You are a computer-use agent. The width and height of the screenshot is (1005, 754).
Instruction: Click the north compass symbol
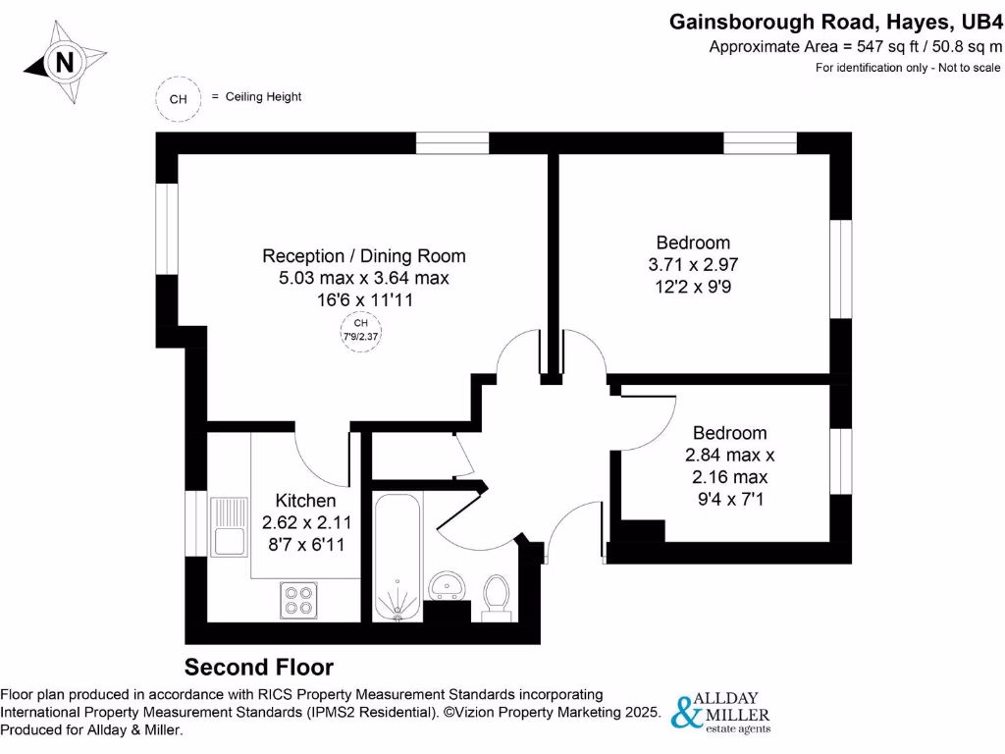[65, 63]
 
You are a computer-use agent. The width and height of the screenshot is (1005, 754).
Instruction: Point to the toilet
[497, 597]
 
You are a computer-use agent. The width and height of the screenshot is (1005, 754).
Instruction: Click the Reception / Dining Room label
[363, 256]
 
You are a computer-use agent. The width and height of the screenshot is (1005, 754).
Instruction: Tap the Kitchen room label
[305, 500]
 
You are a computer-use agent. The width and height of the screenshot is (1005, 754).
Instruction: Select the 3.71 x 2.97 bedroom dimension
[693, 265]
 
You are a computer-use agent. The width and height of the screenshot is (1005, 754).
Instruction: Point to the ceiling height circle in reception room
[361, 330]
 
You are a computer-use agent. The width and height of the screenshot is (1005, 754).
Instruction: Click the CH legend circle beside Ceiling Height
[178, 98]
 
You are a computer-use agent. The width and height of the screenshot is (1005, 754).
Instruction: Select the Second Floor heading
[259, 668]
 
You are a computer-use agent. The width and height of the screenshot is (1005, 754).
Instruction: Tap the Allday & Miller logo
[720, 712]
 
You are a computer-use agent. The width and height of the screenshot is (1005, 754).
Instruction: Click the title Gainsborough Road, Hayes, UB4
[836, 21]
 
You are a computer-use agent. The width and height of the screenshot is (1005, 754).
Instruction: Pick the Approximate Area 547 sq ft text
[856, 46]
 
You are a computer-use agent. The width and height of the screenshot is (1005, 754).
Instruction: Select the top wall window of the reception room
[451, 142]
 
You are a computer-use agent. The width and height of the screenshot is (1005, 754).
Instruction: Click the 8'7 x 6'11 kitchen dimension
[305, 543]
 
